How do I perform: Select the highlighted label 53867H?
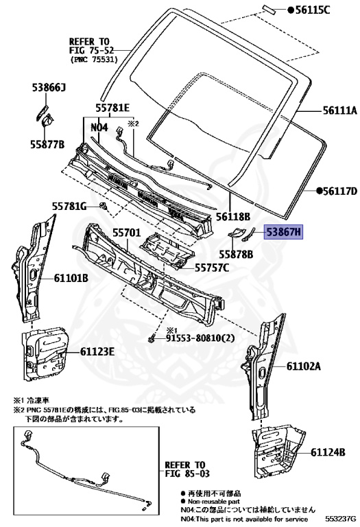tap(284, 233)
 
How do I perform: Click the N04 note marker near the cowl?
tap(99, 128)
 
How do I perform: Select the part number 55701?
tap(126, 234)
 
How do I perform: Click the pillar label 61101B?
tap(72, 278)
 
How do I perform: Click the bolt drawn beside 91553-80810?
tap(152, 338)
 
